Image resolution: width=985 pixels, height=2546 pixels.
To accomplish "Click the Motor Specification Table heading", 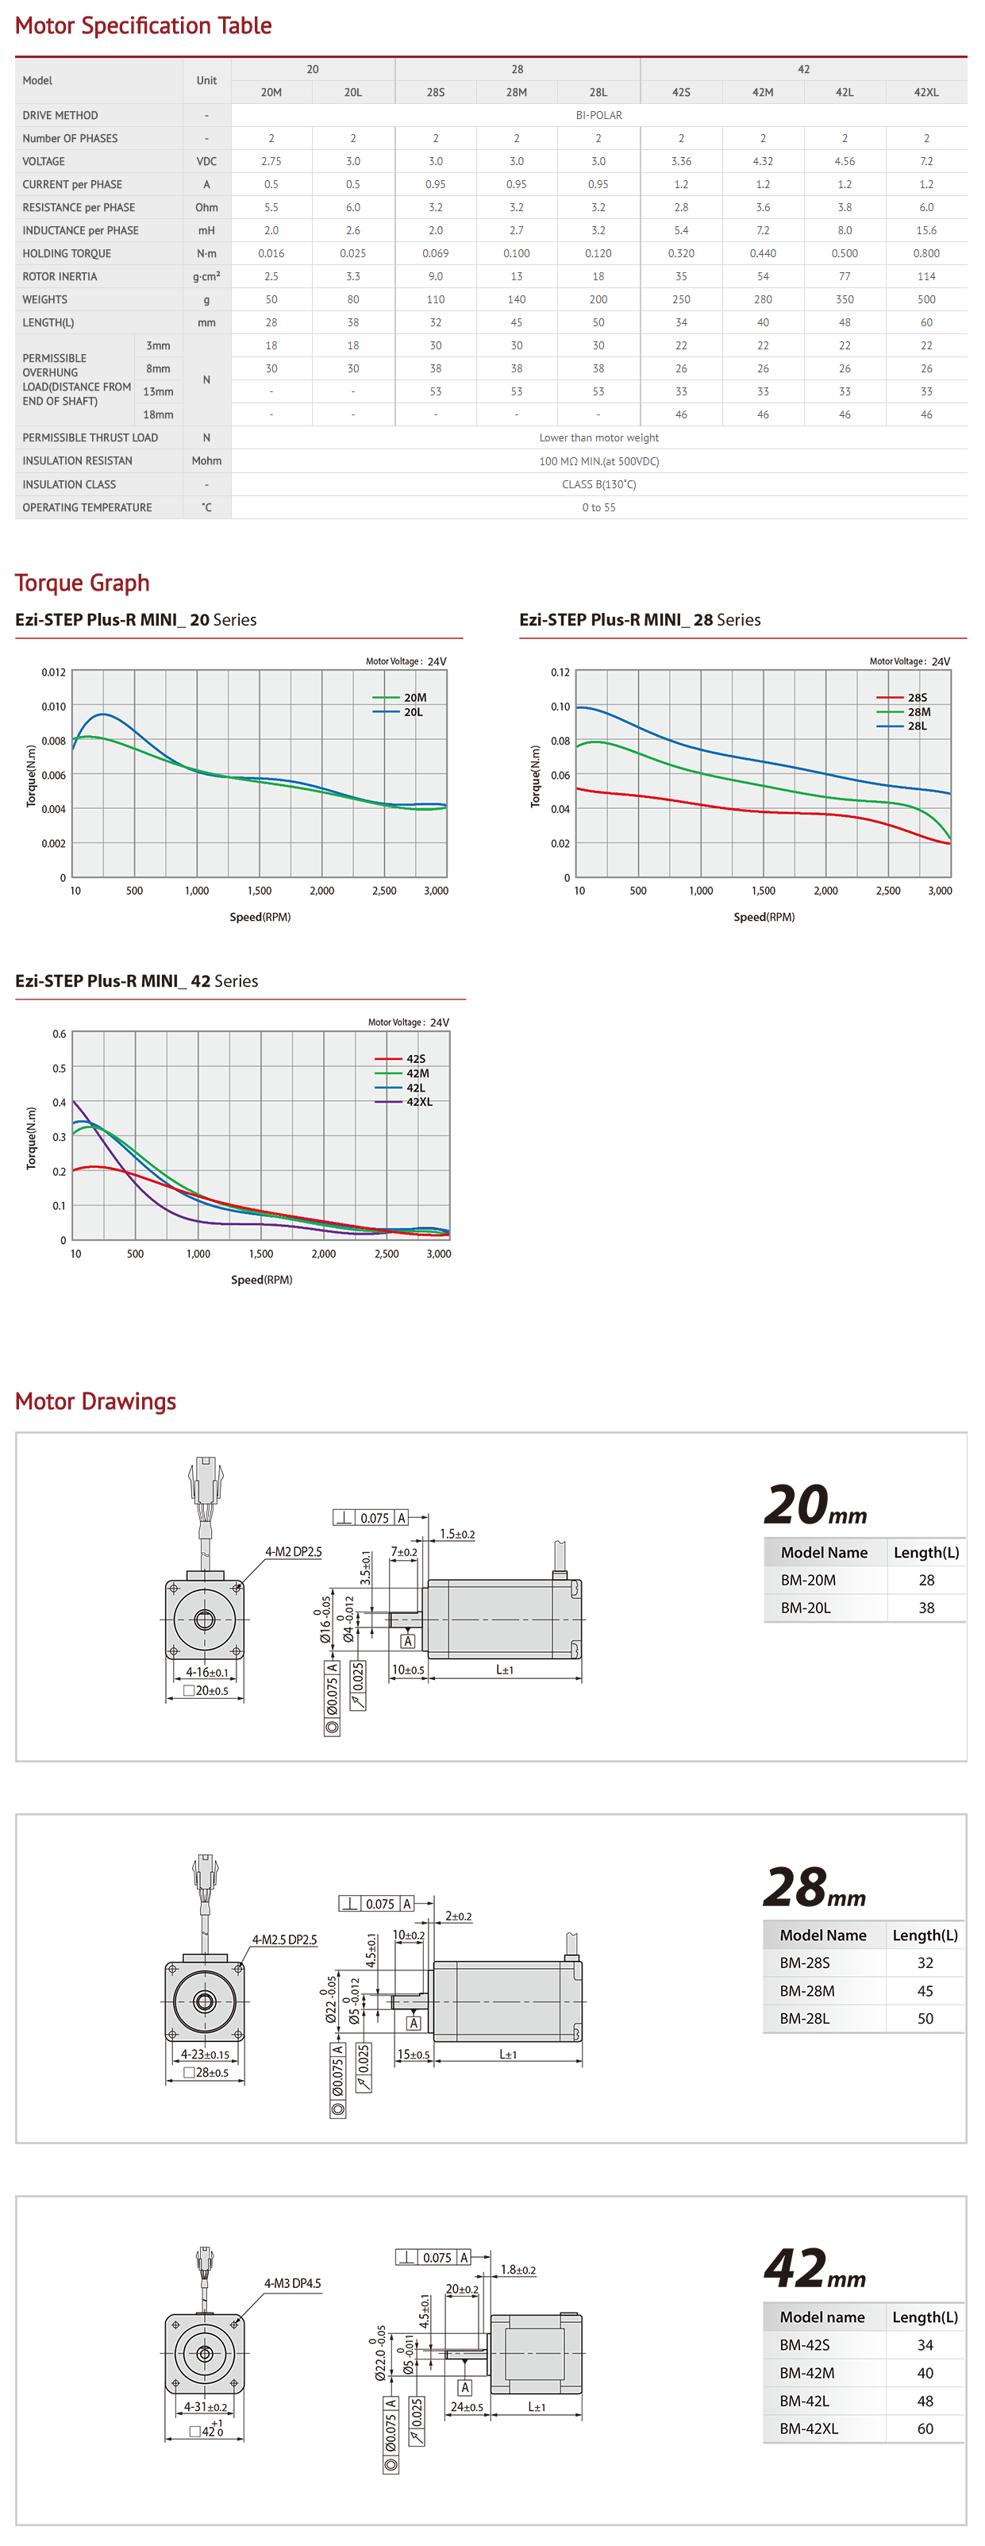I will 143,25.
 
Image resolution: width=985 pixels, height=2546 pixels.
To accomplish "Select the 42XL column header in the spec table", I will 925,92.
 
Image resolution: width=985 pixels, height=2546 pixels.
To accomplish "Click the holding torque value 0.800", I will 925,253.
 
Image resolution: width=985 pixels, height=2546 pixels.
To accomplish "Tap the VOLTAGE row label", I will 44,161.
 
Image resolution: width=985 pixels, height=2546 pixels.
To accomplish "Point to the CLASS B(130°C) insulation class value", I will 598,484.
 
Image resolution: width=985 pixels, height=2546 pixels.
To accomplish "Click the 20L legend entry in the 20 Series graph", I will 413,711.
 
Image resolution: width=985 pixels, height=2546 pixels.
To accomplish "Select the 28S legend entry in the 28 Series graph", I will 917,698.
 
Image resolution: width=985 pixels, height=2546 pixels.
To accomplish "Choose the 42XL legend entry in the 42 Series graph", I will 419,1102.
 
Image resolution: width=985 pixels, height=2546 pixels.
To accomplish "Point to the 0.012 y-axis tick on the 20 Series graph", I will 53,672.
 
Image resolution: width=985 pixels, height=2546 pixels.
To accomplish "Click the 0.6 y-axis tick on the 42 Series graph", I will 60,1034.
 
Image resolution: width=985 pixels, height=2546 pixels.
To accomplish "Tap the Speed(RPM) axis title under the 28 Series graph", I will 764,917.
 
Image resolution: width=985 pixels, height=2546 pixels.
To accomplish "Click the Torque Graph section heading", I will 82,584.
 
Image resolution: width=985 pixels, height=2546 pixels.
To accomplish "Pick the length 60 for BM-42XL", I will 925,2429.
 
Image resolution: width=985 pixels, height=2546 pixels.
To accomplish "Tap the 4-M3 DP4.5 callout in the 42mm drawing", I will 291,2283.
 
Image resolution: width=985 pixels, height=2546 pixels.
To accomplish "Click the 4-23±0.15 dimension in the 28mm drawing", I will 205,2054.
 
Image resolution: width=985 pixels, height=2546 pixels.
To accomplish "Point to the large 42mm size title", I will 814,2269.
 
